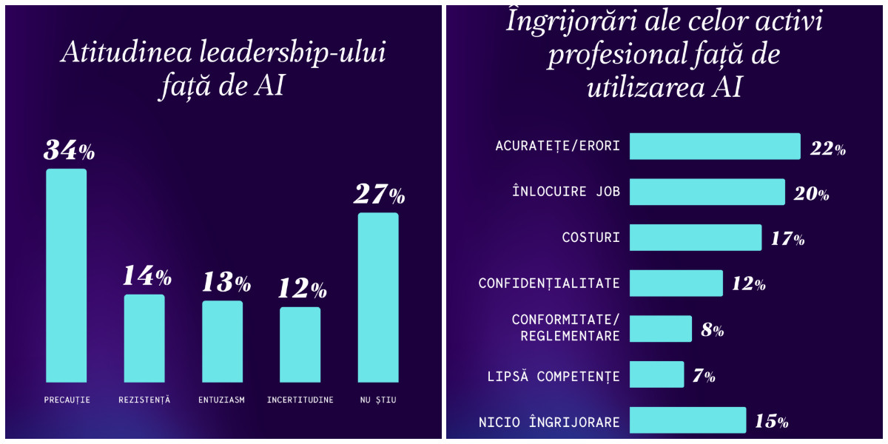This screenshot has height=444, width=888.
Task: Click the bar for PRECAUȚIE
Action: [x=67, y=275]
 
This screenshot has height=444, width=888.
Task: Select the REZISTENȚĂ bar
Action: [x=144, y=338]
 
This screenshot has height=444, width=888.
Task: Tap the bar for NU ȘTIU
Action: [x=378, y=297]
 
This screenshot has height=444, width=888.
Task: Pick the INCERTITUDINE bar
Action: [x=300, y=344]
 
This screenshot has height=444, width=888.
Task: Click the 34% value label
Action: [x=69, y=150]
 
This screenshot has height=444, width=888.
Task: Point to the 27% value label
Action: [x=379, y=195]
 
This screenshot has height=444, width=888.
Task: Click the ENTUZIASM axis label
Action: [x=222, y=400]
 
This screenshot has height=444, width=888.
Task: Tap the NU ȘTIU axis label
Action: [x=378, y=400]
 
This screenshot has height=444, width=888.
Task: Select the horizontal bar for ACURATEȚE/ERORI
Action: [x=715, y=147]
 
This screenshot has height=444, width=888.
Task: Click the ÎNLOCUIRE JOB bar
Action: [x=707, y=192]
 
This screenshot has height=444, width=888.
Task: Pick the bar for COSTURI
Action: [x=696, y=238]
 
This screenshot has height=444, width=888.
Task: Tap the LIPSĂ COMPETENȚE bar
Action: [x=656, y=374]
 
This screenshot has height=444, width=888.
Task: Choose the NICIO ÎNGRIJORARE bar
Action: [x=687, y=420]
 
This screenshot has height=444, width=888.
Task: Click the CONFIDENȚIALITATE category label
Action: [x=549, y=283]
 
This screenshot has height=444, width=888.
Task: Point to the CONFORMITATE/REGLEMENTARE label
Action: [x=566, y=328]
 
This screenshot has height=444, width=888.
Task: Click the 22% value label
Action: [x=827, y=148]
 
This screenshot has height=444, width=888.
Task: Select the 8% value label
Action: [x=712, y=330]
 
